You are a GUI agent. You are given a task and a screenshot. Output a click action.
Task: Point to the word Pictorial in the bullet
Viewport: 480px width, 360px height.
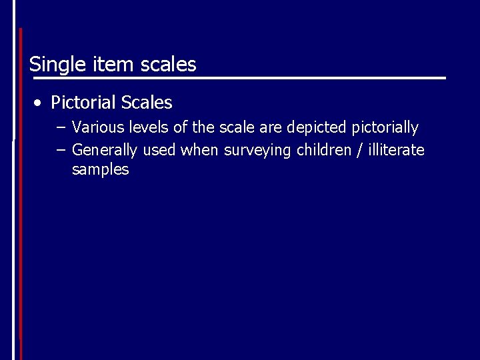pyautogui.click(x=83, y=103)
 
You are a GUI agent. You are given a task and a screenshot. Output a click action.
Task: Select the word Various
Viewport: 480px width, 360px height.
pyautogui.click(x=97, y=127)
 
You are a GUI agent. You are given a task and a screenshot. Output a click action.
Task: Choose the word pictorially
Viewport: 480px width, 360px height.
pyautogui.click(x=385, y=127)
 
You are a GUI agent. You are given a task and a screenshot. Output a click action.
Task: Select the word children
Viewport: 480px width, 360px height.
pyautogui.click(x=323, y=150)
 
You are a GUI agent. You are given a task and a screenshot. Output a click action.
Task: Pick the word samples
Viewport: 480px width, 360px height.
pyautogui.click(x=100, y=170)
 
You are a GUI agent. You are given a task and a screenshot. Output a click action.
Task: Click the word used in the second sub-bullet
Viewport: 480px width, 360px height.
pyautogui.click(x=159, y=150)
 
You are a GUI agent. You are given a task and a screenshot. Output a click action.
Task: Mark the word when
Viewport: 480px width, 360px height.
pyautogui.click(x=199, y=150)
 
